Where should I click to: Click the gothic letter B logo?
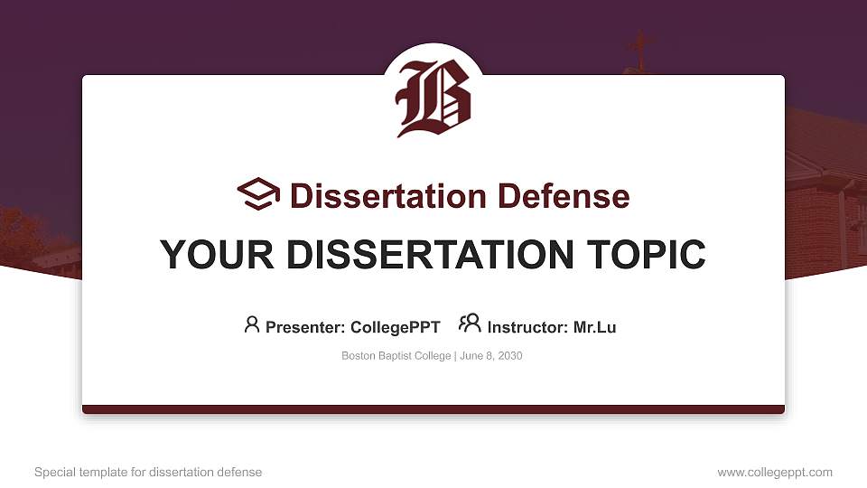[x=433, y=99]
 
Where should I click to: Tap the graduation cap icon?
[x=258, y=194]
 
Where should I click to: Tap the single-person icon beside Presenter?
[x=252, y=324]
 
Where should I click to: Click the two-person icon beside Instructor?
[x=470, y=324]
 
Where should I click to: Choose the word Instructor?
[x=527, y=327]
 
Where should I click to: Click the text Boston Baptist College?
[x=396, y=356]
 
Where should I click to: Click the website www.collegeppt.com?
[x=775, y=472]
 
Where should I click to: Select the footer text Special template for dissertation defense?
[x=148, y=472]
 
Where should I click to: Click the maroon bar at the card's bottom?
[x=433, y=409]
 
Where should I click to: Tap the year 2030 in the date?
[x=508, y=356]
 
